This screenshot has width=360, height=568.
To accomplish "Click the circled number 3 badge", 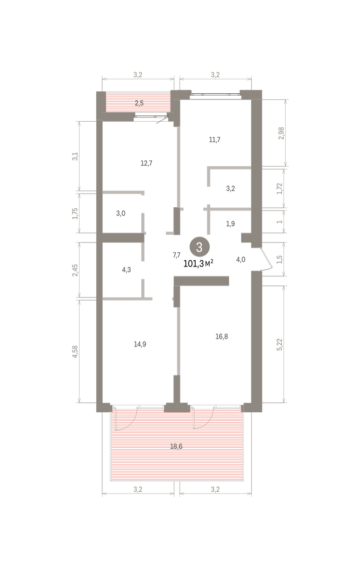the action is tap(199, 247).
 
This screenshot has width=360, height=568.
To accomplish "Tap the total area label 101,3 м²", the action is tap(198, 264).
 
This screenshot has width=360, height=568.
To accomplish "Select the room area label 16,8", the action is tap(222, 337).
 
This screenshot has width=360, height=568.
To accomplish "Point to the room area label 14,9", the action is tap(140, 345).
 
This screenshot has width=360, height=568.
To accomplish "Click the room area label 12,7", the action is tap(146, 163).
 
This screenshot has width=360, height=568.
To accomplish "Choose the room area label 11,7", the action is tap(215, 140).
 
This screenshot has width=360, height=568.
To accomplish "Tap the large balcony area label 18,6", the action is tap(176, 446).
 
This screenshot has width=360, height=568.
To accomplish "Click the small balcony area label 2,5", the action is tap(139, 103).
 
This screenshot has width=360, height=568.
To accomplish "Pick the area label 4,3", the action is tap(126, 270).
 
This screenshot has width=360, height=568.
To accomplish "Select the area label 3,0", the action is tap(121, 213).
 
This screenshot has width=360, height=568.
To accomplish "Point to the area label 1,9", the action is tap(230, 224).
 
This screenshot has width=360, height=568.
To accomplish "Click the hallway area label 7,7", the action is tap(177, 255).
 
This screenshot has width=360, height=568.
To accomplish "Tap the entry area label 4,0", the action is tap(241, 260).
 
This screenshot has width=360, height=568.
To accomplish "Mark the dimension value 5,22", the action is tap(279, 345).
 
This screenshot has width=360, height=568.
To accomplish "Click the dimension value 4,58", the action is tap(75, 352).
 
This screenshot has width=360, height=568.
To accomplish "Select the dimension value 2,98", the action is tap(282, 133).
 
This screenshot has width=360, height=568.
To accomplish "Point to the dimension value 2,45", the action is tap(75, 270).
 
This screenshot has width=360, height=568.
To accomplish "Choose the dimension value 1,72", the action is tap(279, 189).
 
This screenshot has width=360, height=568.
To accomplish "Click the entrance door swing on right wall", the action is tap(266, 259).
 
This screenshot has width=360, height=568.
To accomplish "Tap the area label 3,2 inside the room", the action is tap(230, 189).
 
